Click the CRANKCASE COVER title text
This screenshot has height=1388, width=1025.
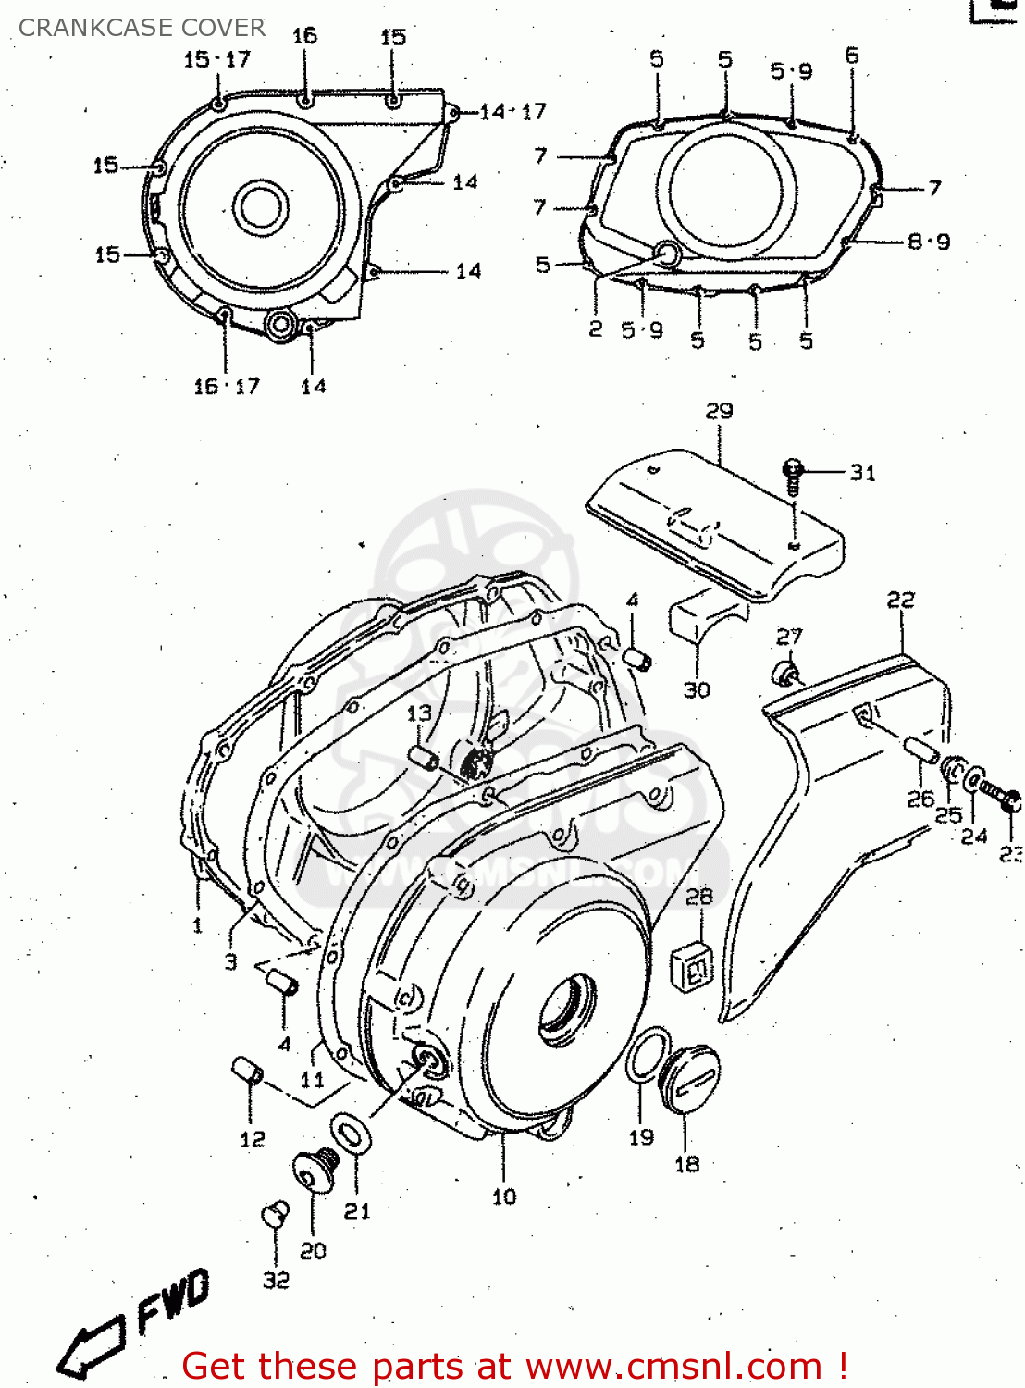pos(142,28)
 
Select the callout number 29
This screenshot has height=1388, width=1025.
pos(719,411)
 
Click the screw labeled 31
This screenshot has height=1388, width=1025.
pos(793,474)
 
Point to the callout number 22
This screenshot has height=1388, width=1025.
pos(900,601)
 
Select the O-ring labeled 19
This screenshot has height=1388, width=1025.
pos(648,1055)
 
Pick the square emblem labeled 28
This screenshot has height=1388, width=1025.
pos(693,966)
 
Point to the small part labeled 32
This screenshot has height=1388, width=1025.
pos(275,1213)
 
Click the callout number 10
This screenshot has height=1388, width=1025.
pos(503,1196)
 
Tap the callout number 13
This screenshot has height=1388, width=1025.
pos(419,713)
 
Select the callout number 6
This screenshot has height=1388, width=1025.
pos(851,56)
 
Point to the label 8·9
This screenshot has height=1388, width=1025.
pos(928,242)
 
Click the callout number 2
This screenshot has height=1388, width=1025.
pos(595,328)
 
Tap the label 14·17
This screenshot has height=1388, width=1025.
pos(513,112)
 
